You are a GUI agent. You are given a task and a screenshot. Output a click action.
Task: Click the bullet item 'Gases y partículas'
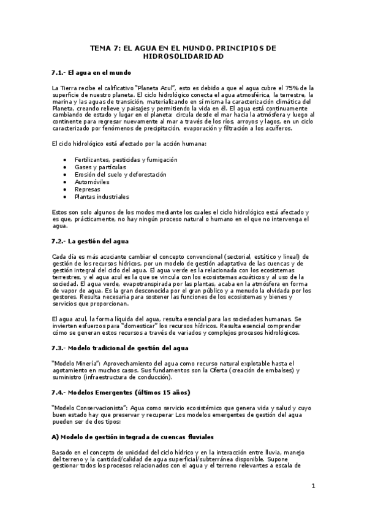100,167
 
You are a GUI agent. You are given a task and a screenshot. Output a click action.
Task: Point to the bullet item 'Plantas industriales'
102,197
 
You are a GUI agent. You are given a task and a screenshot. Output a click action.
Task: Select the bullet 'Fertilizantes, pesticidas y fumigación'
126,159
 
